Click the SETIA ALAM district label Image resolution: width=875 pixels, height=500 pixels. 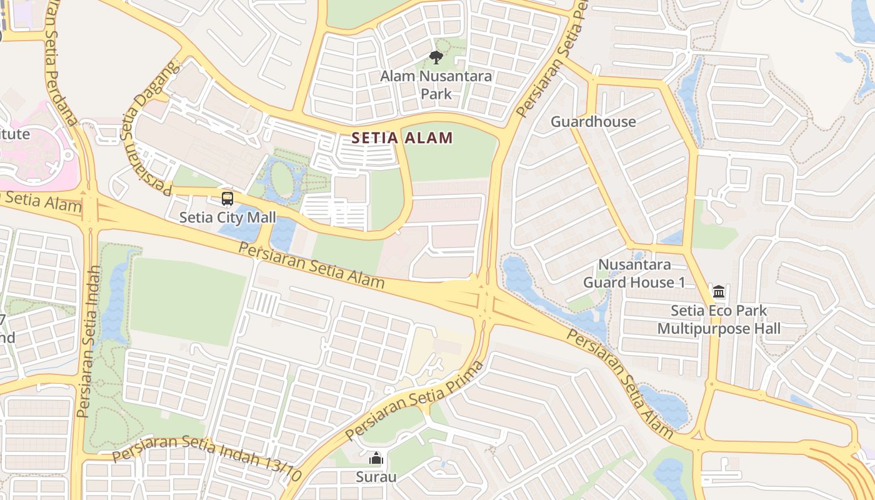pos(402,137)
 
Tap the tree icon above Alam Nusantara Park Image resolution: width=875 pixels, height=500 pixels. pos(436,57)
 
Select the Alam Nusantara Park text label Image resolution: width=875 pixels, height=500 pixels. pos(436,85)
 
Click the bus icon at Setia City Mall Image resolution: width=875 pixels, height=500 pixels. pos(227,199)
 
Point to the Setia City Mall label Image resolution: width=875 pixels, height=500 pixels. pos(227,217)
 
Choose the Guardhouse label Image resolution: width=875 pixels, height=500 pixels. pos(592,121)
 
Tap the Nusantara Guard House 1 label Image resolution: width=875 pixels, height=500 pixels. pos(634,274)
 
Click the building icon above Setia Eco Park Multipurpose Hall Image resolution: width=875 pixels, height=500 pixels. pos(719,292)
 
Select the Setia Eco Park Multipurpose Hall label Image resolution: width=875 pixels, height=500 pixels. pos(719,319)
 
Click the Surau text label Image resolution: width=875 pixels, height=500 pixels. pos(376,477)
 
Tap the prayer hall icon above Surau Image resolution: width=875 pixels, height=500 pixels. pos(376,459)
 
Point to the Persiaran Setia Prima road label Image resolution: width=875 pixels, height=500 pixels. pos(414,401)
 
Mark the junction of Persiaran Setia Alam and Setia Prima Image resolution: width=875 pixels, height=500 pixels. pos(484,301)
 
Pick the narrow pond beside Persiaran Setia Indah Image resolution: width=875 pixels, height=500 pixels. pos(116,294)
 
